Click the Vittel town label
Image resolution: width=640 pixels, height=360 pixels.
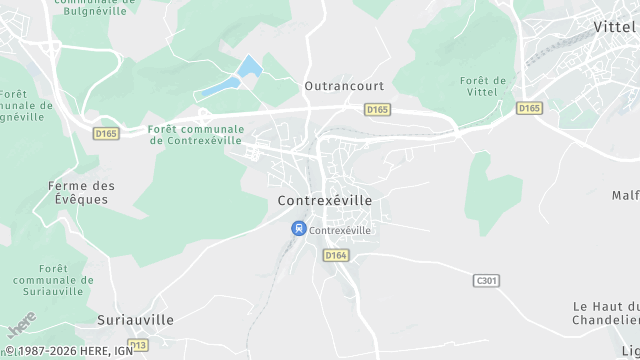click(616, 27)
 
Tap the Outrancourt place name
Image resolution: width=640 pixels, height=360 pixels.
click(344, 87)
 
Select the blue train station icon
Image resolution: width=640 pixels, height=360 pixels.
click(298, 229)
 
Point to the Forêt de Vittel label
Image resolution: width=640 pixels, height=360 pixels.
click(483, 87)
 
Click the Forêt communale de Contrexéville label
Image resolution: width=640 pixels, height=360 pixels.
click(195, 135)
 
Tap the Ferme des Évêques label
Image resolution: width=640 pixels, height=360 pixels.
click(82, 193)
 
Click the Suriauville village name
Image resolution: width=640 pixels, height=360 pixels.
click(136, 320)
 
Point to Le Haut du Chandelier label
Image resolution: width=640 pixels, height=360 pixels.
click(606, 313)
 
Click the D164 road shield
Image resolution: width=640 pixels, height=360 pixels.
click(336, 256)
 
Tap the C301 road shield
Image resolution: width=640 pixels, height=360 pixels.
click(486, 281)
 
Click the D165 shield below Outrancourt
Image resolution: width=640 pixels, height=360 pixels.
click(376, 108)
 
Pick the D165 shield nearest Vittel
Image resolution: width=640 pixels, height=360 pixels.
click(529, 107)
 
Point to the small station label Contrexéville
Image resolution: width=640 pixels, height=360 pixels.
click(340, 230)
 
